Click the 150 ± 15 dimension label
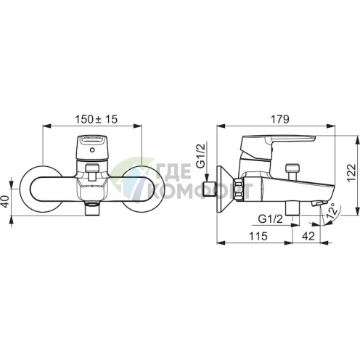(97, 119)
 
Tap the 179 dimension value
(279, 119)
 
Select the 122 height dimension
(351, 173)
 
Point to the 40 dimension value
(6, 201)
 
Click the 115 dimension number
(258, 236)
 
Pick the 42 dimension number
(308, 236)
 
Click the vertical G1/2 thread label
(200, 155)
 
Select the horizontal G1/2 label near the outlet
(270, 219)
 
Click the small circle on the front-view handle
(92, 150)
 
